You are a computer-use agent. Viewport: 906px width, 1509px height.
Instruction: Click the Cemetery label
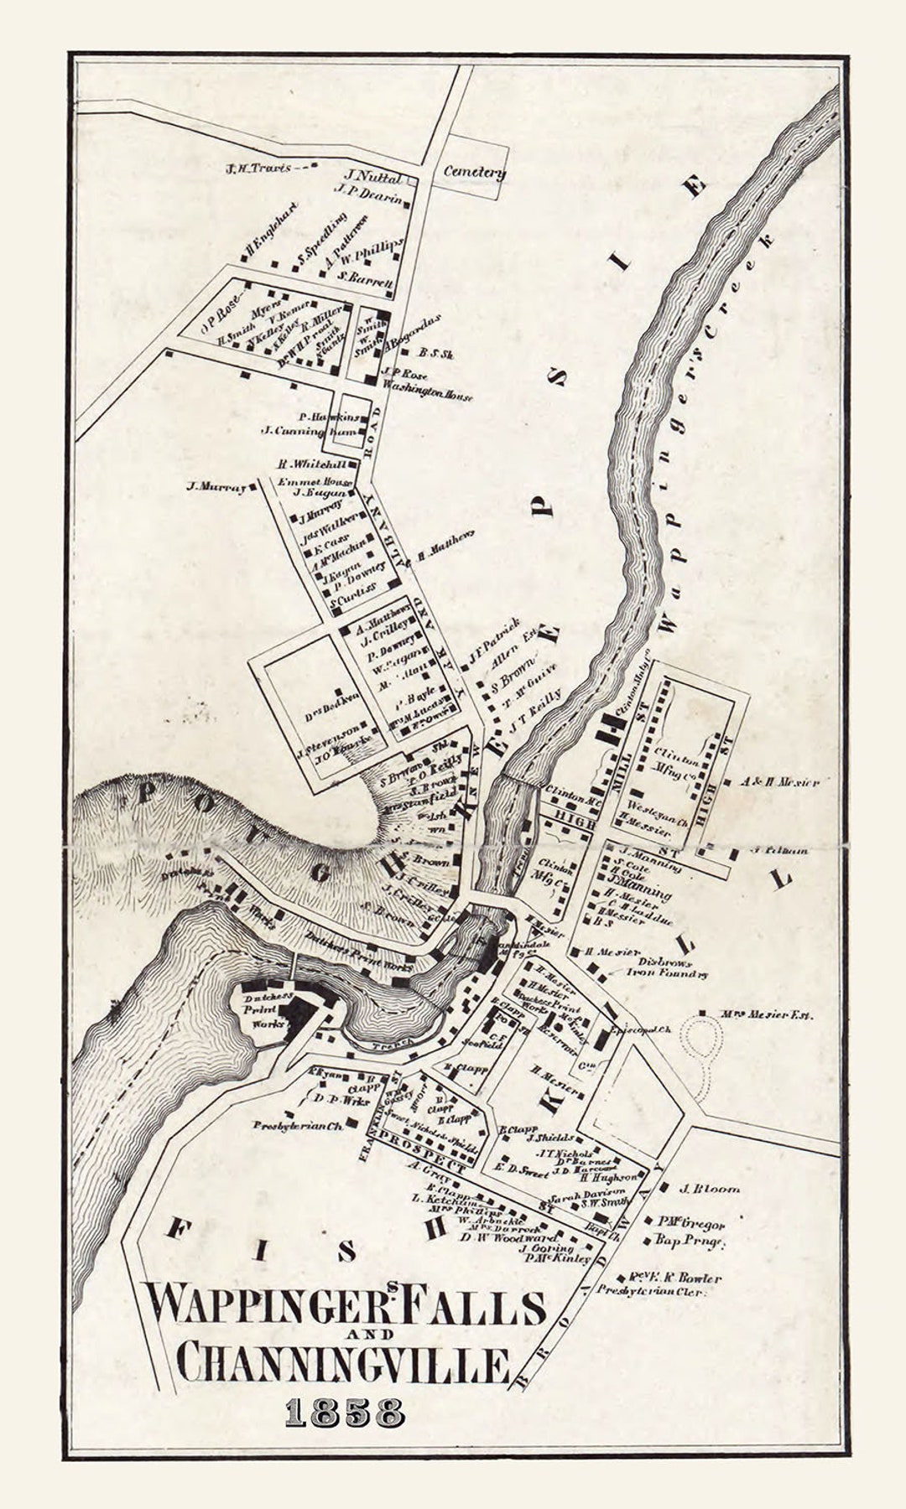coord(474,172)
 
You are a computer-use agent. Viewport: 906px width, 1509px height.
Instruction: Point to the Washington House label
coord(428,396)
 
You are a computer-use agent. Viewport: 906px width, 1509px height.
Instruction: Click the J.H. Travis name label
coord(258,168)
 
